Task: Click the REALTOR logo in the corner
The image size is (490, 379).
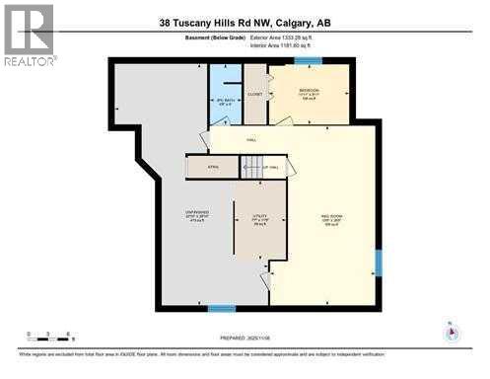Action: coord(29,34)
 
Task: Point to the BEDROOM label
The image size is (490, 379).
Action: coord(308,90)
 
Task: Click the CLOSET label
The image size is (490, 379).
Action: coord(254,95)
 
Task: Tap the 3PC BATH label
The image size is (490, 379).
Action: coord(224,99)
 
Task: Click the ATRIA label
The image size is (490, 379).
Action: coord(212,168)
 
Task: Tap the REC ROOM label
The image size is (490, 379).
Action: coord(331,220)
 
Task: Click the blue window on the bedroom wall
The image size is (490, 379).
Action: coord(308,61)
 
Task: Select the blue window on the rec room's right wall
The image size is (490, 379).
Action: coord(378,263)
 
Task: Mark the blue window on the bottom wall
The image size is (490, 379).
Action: coord(221,309)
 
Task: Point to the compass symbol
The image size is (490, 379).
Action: coord(452,332)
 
